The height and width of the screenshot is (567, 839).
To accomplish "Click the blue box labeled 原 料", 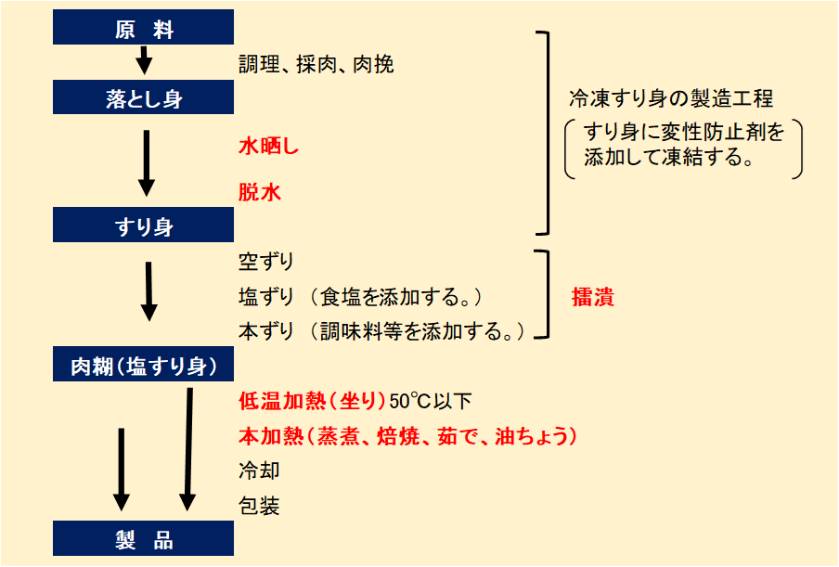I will coord(144,29).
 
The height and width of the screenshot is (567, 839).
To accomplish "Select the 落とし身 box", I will coord(144,97).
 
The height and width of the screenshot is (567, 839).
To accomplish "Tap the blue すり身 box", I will coord(144,226).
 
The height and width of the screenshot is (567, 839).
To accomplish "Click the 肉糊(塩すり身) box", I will coord(144,366).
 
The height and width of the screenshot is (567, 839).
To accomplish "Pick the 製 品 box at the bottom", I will coord(144,539).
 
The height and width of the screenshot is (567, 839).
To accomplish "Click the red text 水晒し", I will coord(268,147).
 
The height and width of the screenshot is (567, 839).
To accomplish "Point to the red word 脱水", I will coord(259,193).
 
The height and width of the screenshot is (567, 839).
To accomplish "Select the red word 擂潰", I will coord(593,298).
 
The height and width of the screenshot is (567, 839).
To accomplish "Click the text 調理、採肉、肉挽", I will coord(316,64).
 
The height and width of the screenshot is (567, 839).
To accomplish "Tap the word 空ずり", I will coord(266,262).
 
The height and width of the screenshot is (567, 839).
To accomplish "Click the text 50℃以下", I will coord(431,402).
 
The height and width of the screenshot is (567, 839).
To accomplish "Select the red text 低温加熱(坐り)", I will coord(312,402).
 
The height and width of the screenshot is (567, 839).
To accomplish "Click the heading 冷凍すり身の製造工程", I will coord(671,98).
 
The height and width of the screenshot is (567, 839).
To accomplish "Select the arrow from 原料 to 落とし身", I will coord(143,61).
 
